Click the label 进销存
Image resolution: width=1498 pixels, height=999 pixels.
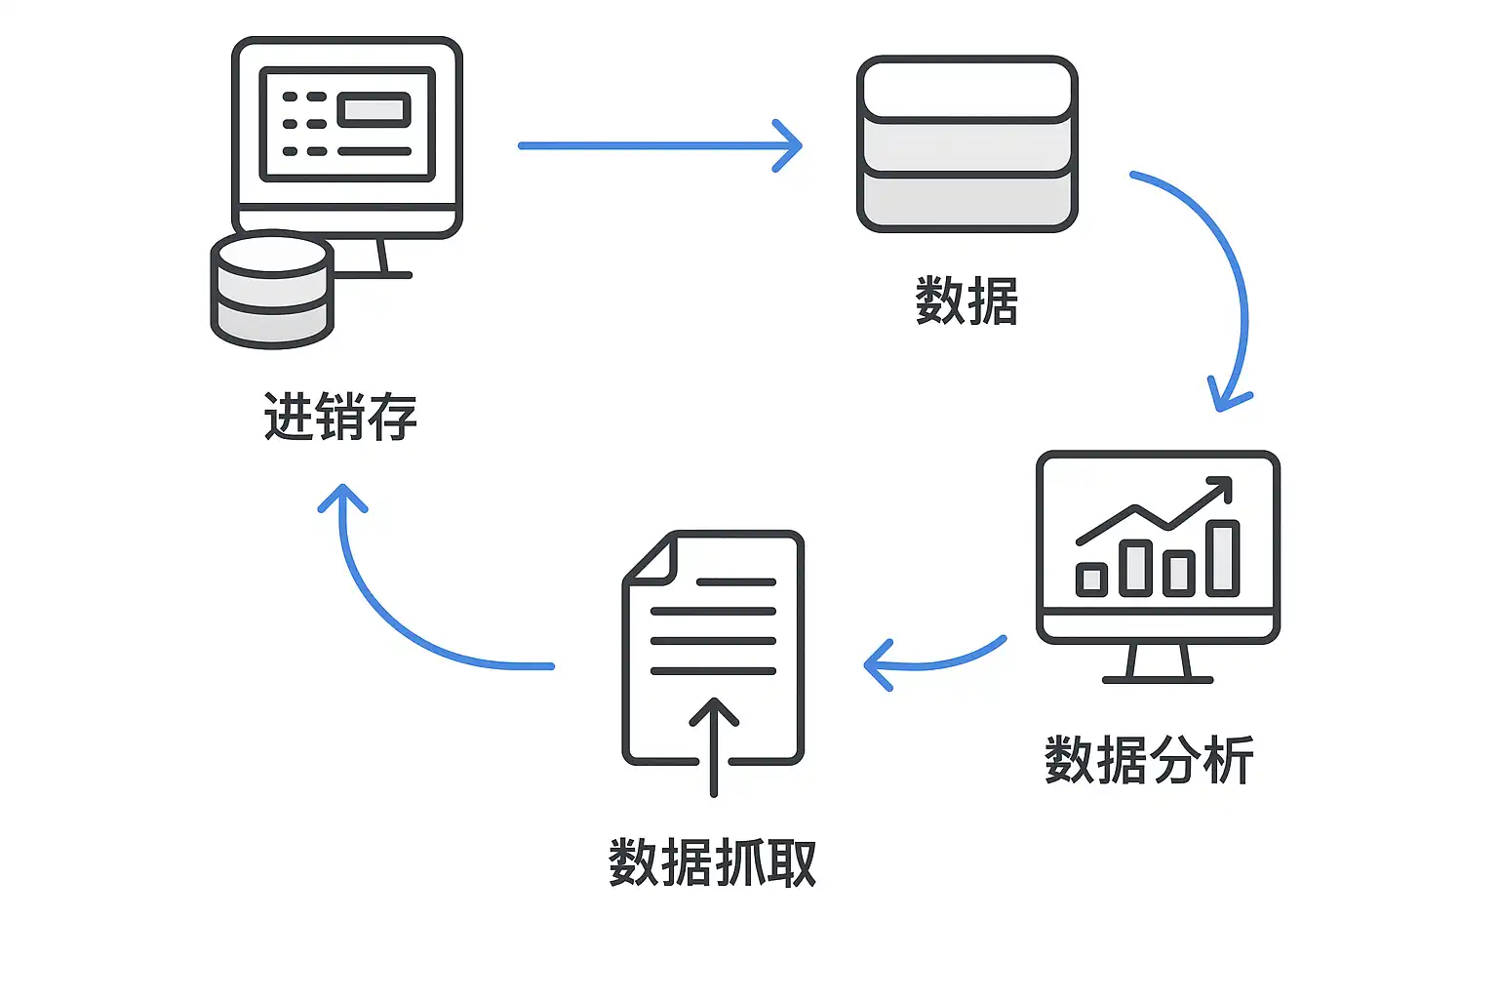point(340,417)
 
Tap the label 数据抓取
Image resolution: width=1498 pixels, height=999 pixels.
point(712,862)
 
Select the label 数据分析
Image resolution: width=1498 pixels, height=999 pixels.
point(1149,760)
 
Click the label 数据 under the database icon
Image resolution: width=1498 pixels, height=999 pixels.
point(966,300)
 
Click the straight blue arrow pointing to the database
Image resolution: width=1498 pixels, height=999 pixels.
point(659,145)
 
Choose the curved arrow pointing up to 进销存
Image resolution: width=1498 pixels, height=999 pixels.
point(390,615)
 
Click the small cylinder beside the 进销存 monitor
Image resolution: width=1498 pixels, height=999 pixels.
point(272,290)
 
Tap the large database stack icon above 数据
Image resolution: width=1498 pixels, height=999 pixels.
point(966,144)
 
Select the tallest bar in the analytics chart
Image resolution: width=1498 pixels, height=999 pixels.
point(1222,557)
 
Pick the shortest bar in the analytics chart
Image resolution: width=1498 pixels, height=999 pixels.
point(1091,579)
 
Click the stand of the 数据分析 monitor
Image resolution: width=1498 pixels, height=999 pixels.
point(1158,662)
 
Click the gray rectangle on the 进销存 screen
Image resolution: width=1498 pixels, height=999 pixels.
point(374,109)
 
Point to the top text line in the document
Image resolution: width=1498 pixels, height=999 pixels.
point(736,582)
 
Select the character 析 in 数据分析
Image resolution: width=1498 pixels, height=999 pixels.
point(1229,760)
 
